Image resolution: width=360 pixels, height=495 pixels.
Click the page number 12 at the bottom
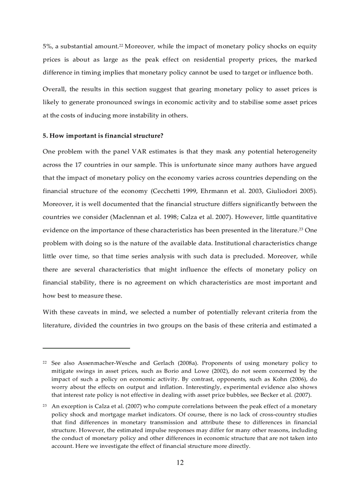[x=180, y=462]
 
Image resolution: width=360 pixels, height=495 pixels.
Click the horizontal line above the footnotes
[x=86, y=348]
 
